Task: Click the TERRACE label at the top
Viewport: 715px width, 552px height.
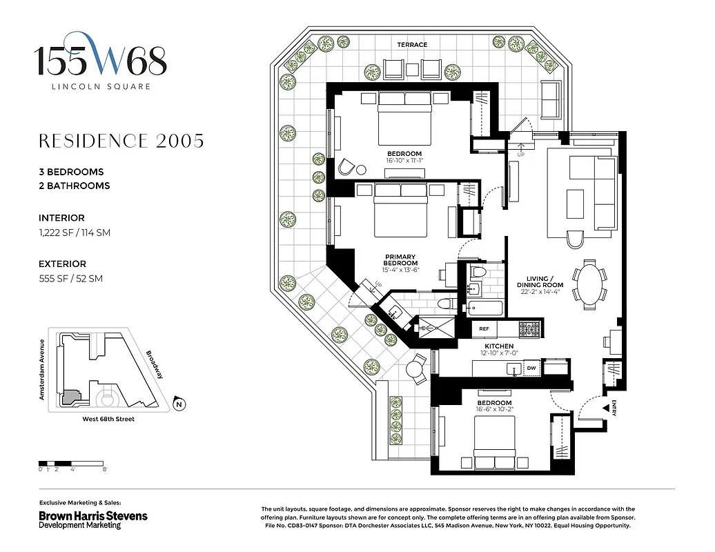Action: pyautogui.click(x=412, y=45)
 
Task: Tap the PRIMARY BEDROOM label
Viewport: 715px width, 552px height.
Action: pyautogui.click(x=400, y=260)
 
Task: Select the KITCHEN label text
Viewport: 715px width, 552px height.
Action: pyautogui.click(x=498, y=346)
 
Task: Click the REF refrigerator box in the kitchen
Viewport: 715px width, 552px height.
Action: pyautogui.click(x=484, y=329)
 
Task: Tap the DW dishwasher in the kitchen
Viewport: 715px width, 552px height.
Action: pyautogui.click(x=531, y=369)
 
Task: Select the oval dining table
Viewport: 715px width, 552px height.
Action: pyautogui.click(x=588, y=282)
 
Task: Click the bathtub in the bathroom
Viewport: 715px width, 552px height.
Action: pyautogui.click(x=487, y=308)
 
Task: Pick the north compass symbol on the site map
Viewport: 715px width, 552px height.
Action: pyautogui.click(x=179, y=404)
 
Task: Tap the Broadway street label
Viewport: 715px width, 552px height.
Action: pyautogui.click(x=154, y=365)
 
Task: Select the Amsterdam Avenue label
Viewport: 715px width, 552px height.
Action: pyautogui.click(x=42, y=370)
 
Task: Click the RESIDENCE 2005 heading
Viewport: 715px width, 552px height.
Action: pyautogui.click(x=121, y=141)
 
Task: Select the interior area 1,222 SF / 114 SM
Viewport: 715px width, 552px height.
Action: pyautogui.click(x=75, y=233)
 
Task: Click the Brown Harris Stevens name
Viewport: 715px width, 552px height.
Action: pyautogui.click(x=92, y=515)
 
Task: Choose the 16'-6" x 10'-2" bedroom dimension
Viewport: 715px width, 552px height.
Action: pyautogui.click(x=494, y=411)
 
